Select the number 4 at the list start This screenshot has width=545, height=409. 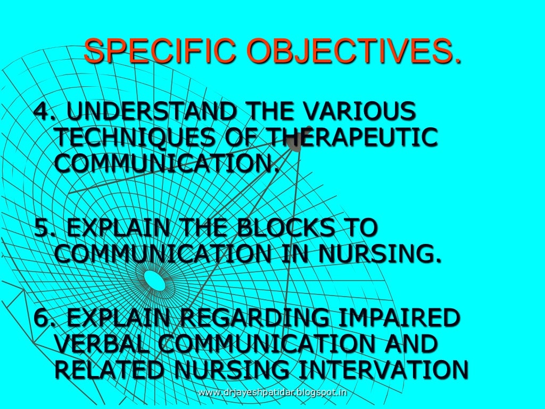[x=41, y=112]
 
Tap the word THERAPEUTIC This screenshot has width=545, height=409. [x=351, y=137]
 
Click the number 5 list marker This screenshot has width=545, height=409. [x=41, y=228]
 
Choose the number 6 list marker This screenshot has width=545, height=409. [x=41, y=318]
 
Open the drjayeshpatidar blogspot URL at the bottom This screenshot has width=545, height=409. [x=272, y=393]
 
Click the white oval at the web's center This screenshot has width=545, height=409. [x=155, y=281]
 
